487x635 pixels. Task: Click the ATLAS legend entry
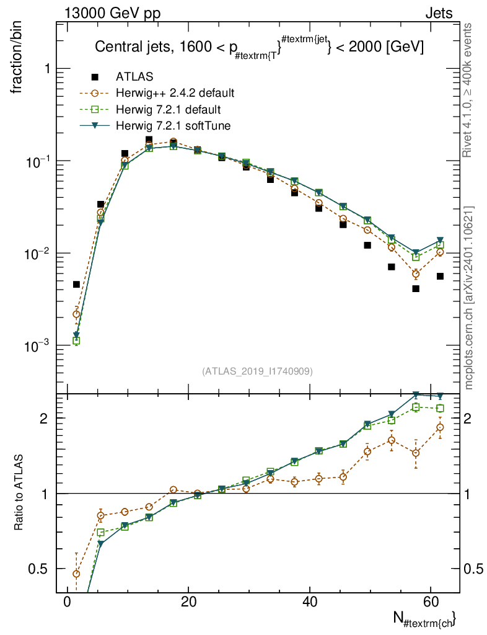coord(133,77)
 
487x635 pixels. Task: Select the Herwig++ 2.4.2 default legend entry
coord(175,94)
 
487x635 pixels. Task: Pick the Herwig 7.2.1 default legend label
coord(169,110)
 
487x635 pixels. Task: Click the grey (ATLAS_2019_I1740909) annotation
coord(257,371)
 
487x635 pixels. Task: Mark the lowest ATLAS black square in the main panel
coord(416,288)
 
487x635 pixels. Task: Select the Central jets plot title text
coord(258,47)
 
